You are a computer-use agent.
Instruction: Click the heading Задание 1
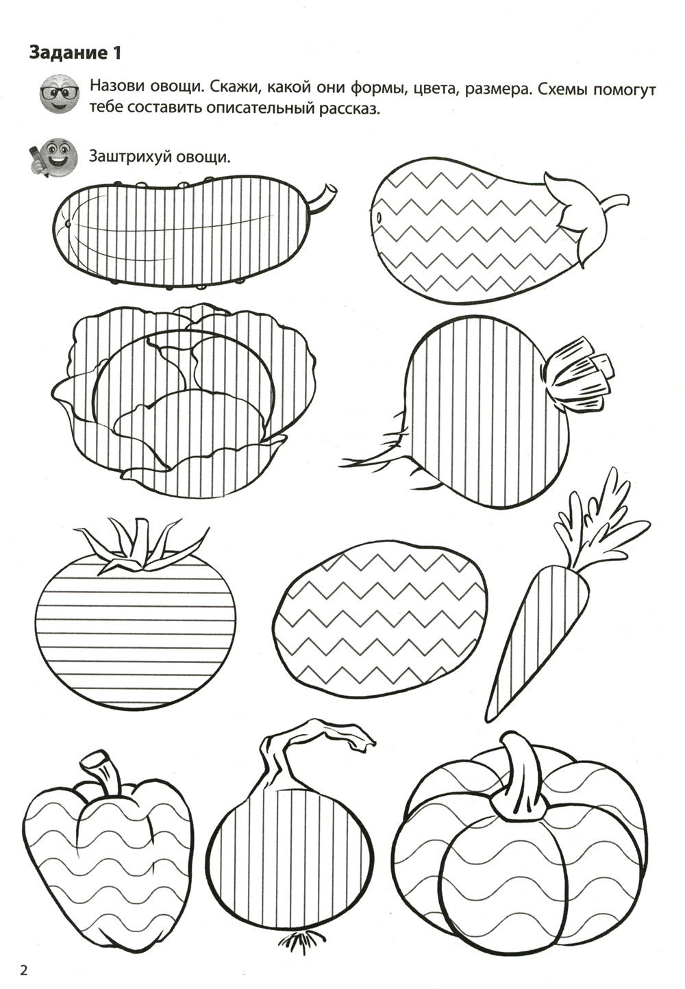point(75,53)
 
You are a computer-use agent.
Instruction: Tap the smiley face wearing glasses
point(60,94)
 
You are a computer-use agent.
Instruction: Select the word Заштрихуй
point(129,157)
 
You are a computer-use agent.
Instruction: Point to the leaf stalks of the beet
point(579,375)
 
